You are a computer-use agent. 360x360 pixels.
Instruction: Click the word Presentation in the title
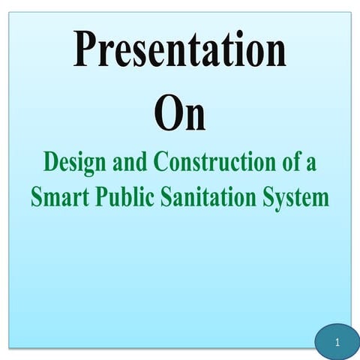[x=179, y=51]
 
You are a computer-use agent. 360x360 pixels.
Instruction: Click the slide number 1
[x=337, y=343]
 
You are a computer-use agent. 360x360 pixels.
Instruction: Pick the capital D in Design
[x=51, y=162]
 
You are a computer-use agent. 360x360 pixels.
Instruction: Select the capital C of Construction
[x=161, y=162]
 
